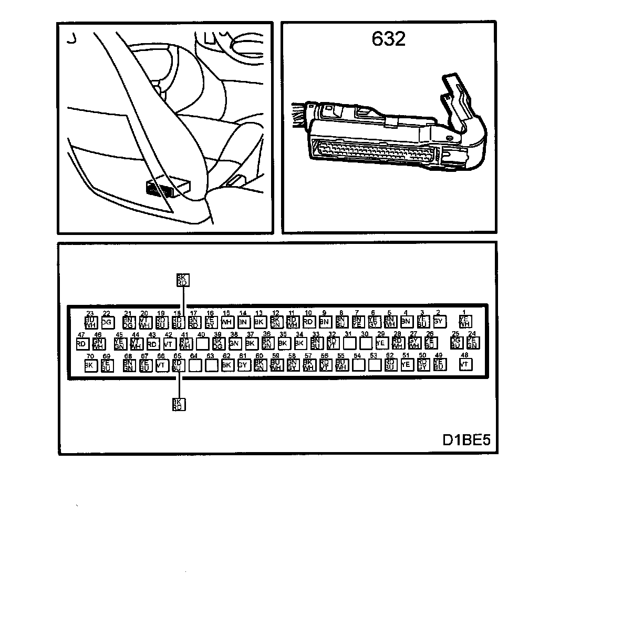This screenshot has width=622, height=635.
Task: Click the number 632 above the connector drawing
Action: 388,38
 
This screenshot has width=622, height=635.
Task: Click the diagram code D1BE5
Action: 466,439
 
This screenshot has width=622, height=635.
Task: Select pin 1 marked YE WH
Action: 465,321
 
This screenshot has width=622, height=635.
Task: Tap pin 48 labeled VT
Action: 465,364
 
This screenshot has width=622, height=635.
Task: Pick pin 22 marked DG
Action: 107,322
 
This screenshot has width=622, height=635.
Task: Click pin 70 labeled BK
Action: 90,365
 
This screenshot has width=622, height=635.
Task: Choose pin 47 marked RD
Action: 81,344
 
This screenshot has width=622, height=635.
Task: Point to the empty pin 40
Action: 202,344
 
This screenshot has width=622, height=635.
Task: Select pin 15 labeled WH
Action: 227,322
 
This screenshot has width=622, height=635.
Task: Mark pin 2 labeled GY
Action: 439,321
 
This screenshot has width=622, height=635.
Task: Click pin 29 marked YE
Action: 381,343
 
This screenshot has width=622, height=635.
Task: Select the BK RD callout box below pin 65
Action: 179,404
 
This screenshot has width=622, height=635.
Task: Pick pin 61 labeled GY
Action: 243,365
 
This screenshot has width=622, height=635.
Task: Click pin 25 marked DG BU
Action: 456,343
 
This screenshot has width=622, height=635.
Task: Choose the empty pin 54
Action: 358,365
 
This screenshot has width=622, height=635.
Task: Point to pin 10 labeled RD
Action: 308,322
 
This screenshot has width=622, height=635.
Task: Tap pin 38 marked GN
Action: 234,344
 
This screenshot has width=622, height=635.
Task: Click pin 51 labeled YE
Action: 406,365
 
